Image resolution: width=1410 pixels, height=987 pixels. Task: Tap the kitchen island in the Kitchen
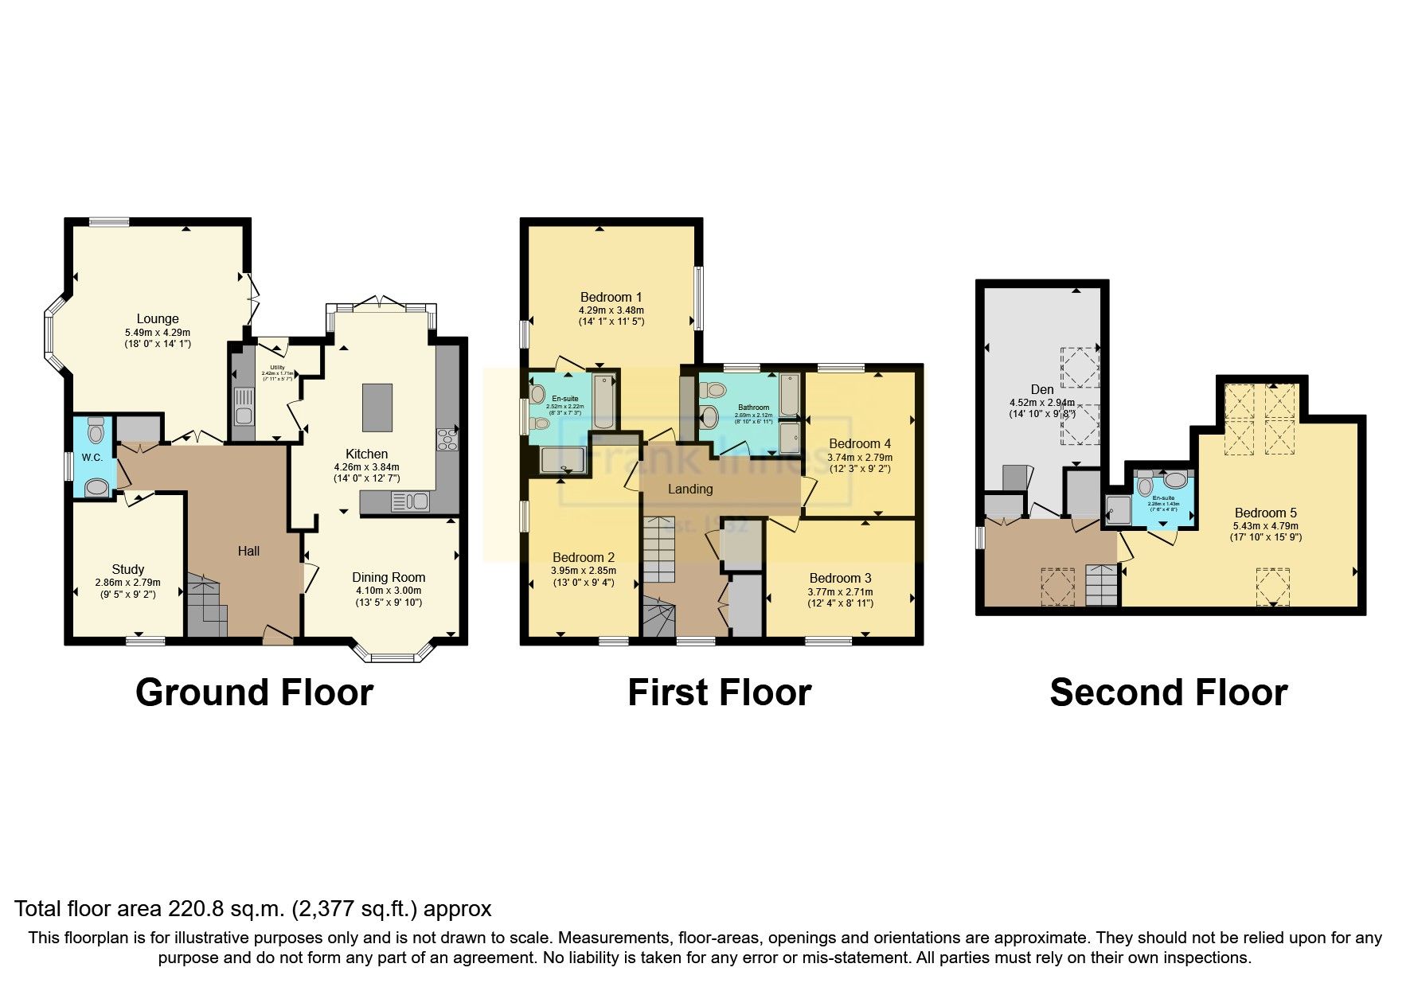[377, 408]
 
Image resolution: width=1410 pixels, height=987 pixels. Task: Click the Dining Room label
[389, 577]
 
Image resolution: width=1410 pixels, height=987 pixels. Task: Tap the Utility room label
[276, 367]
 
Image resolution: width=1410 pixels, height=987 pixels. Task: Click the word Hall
[248, 550]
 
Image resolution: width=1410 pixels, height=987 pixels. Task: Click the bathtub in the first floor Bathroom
[790, 396]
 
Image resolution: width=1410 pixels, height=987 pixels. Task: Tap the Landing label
[690, 489]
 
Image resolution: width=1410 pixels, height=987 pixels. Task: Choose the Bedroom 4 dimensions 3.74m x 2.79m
[860, 458]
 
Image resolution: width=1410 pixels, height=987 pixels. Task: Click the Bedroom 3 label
[840, 578]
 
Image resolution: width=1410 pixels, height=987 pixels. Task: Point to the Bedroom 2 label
[584, 557]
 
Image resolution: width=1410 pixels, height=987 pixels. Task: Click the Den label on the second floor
[1041, 389]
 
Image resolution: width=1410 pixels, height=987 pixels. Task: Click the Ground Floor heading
[254, 692]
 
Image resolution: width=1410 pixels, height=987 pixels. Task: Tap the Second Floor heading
[1168, 692]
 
